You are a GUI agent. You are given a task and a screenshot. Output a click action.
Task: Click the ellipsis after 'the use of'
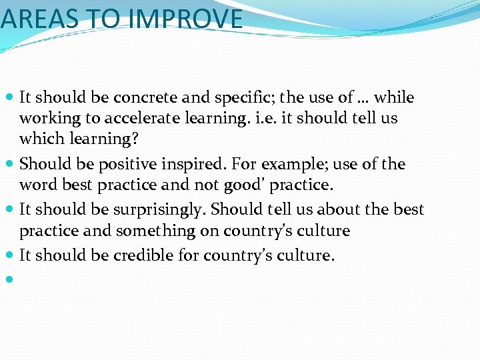pos(363,98)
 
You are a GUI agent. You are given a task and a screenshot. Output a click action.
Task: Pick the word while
pos(394,98)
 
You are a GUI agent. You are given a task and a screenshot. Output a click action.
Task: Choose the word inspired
pos(184,164)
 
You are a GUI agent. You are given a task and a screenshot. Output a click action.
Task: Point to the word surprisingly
pos(160,209)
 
